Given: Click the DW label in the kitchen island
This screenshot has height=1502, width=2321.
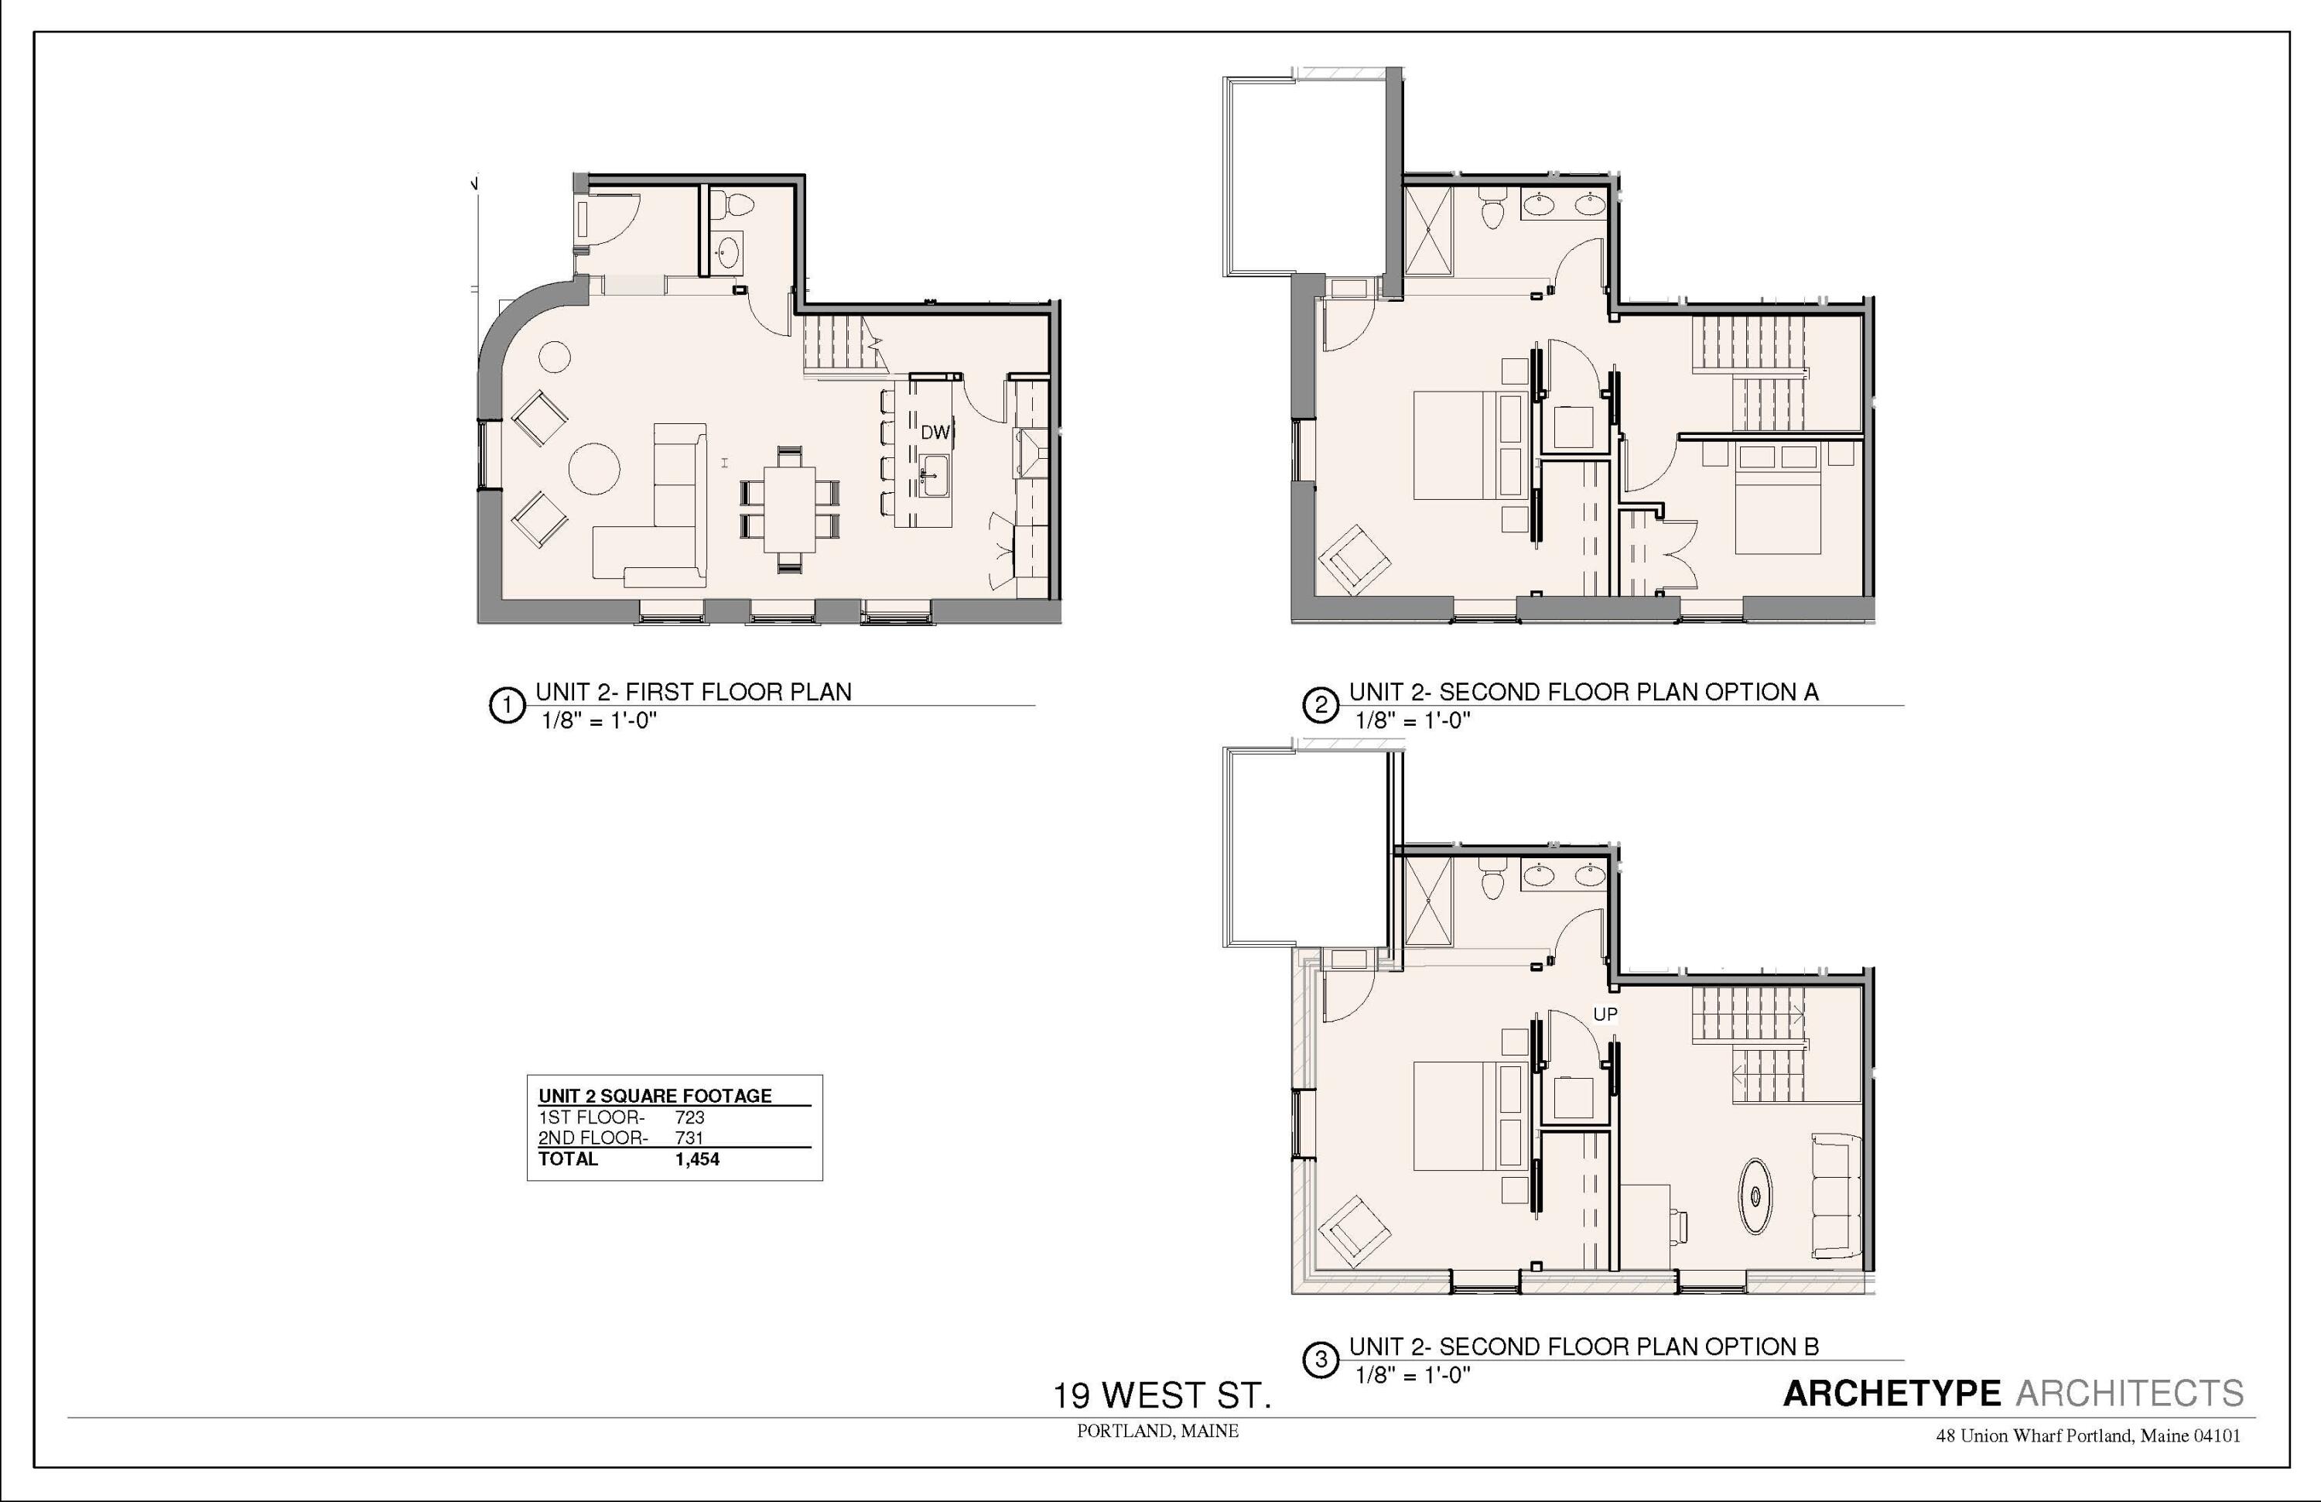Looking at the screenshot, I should pyautogui.click(x=935, y=432).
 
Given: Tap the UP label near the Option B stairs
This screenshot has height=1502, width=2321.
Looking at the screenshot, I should pyautogui.click(x=1605, y=1014).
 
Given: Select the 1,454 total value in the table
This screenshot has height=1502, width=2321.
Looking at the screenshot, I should pyautogui.click(x=696, y=1158).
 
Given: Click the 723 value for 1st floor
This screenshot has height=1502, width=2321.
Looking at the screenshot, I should pyautogui.click(x=689, y=1117).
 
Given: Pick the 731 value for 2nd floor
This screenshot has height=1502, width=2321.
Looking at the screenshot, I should pyautogui.click(x=689, y=1138).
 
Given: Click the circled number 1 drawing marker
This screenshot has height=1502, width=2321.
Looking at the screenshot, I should pyautogui.click(x=506, y=704).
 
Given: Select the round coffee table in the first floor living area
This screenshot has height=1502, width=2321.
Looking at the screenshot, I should pyautogui.click(x=594, y=468).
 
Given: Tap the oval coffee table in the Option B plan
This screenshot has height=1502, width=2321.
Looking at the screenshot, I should pyautogui.click(x=1755, y=1196).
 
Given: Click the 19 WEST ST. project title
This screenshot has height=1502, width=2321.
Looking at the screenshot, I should pyautogui.click(x=1161, y=1396).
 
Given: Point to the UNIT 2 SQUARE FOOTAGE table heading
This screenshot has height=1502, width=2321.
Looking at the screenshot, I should pyautogui.click(x=655, y=1095).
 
